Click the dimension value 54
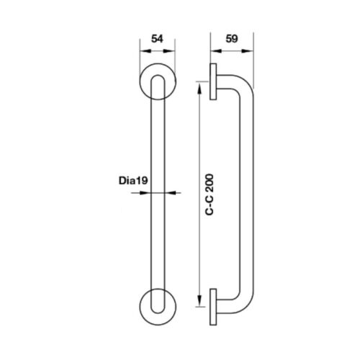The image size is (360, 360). (x=157, y=39)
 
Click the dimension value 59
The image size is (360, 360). (x=232, y=39)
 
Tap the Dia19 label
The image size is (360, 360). (x=133, y=181)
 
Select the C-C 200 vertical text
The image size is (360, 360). (x=210, y=194)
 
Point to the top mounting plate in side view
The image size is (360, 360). (x=213, y=81)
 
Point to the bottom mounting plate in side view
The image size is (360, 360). (x=213, y=307)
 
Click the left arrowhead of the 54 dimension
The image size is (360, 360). (x=145, y=51)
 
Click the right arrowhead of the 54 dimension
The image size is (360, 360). (x=169, y=51)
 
